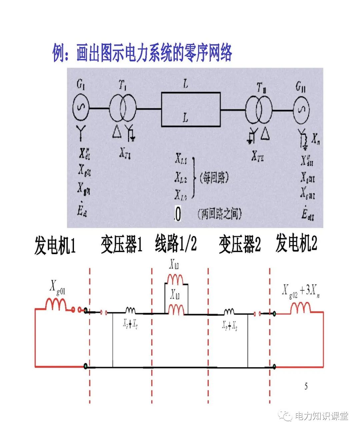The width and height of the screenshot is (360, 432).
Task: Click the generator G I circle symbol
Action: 81,108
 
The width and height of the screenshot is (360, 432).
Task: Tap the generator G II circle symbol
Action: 301,110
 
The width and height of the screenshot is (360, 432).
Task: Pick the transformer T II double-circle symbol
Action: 259,110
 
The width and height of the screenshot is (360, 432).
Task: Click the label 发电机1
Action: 55,246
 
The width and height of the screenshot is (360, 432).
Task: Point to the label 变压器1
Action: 122,245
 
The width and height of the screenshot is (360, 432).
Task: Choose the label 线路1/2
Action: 176,244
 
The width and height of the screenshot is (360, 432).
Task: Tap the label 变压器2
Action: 240,245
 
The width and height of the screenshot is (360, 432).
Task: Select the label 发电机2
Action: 296,243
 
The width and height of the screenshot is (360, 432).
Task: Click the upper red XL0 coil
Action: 175,279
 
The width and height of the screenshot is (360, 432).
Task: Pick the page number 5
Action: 306,386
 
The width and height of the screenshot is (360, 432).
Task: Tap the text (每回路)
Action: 214,178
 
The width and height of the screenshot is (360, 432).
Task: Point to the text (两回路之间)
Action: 220,214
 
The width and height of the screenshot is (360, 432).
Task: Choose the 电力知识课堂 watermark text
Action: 321,416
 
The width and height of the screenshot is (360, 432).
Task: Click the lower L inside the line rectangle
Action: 186,117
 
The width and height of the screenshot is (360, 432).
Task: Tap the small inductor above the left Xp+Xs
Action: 130,311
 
